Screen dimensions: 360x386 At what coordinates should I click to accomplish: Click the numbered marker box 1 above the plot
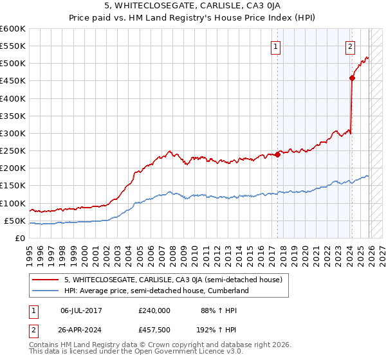[x=275, y=46]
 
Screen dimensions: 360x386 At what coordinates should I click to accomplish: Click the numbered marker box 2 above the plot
[x=350, y=46]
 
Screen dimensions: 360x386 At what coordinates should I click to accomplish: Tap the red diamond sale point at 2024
[x=352, y=78]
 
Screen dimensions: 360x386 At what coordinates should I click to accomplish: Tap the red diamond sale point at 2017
[x=277, y=154]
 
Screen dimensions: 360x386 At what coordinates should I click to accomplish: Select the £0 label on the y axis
[x=19, y=238]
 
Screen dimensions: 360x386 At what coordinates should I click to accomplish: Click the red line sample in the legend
[x=46, y=280]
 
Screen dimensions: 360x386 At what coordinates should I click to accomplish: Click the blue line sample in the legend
[x=46, y=291]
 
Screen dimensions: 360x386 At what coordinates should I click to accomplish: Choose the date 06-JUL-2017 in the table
[x=81, y=310]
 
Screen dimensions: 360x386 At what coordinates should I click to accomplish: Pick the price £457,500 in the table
[x=154, y=329]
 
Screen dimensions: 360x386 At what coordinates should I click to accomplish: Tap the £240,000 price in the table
[x=154, y=310]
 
